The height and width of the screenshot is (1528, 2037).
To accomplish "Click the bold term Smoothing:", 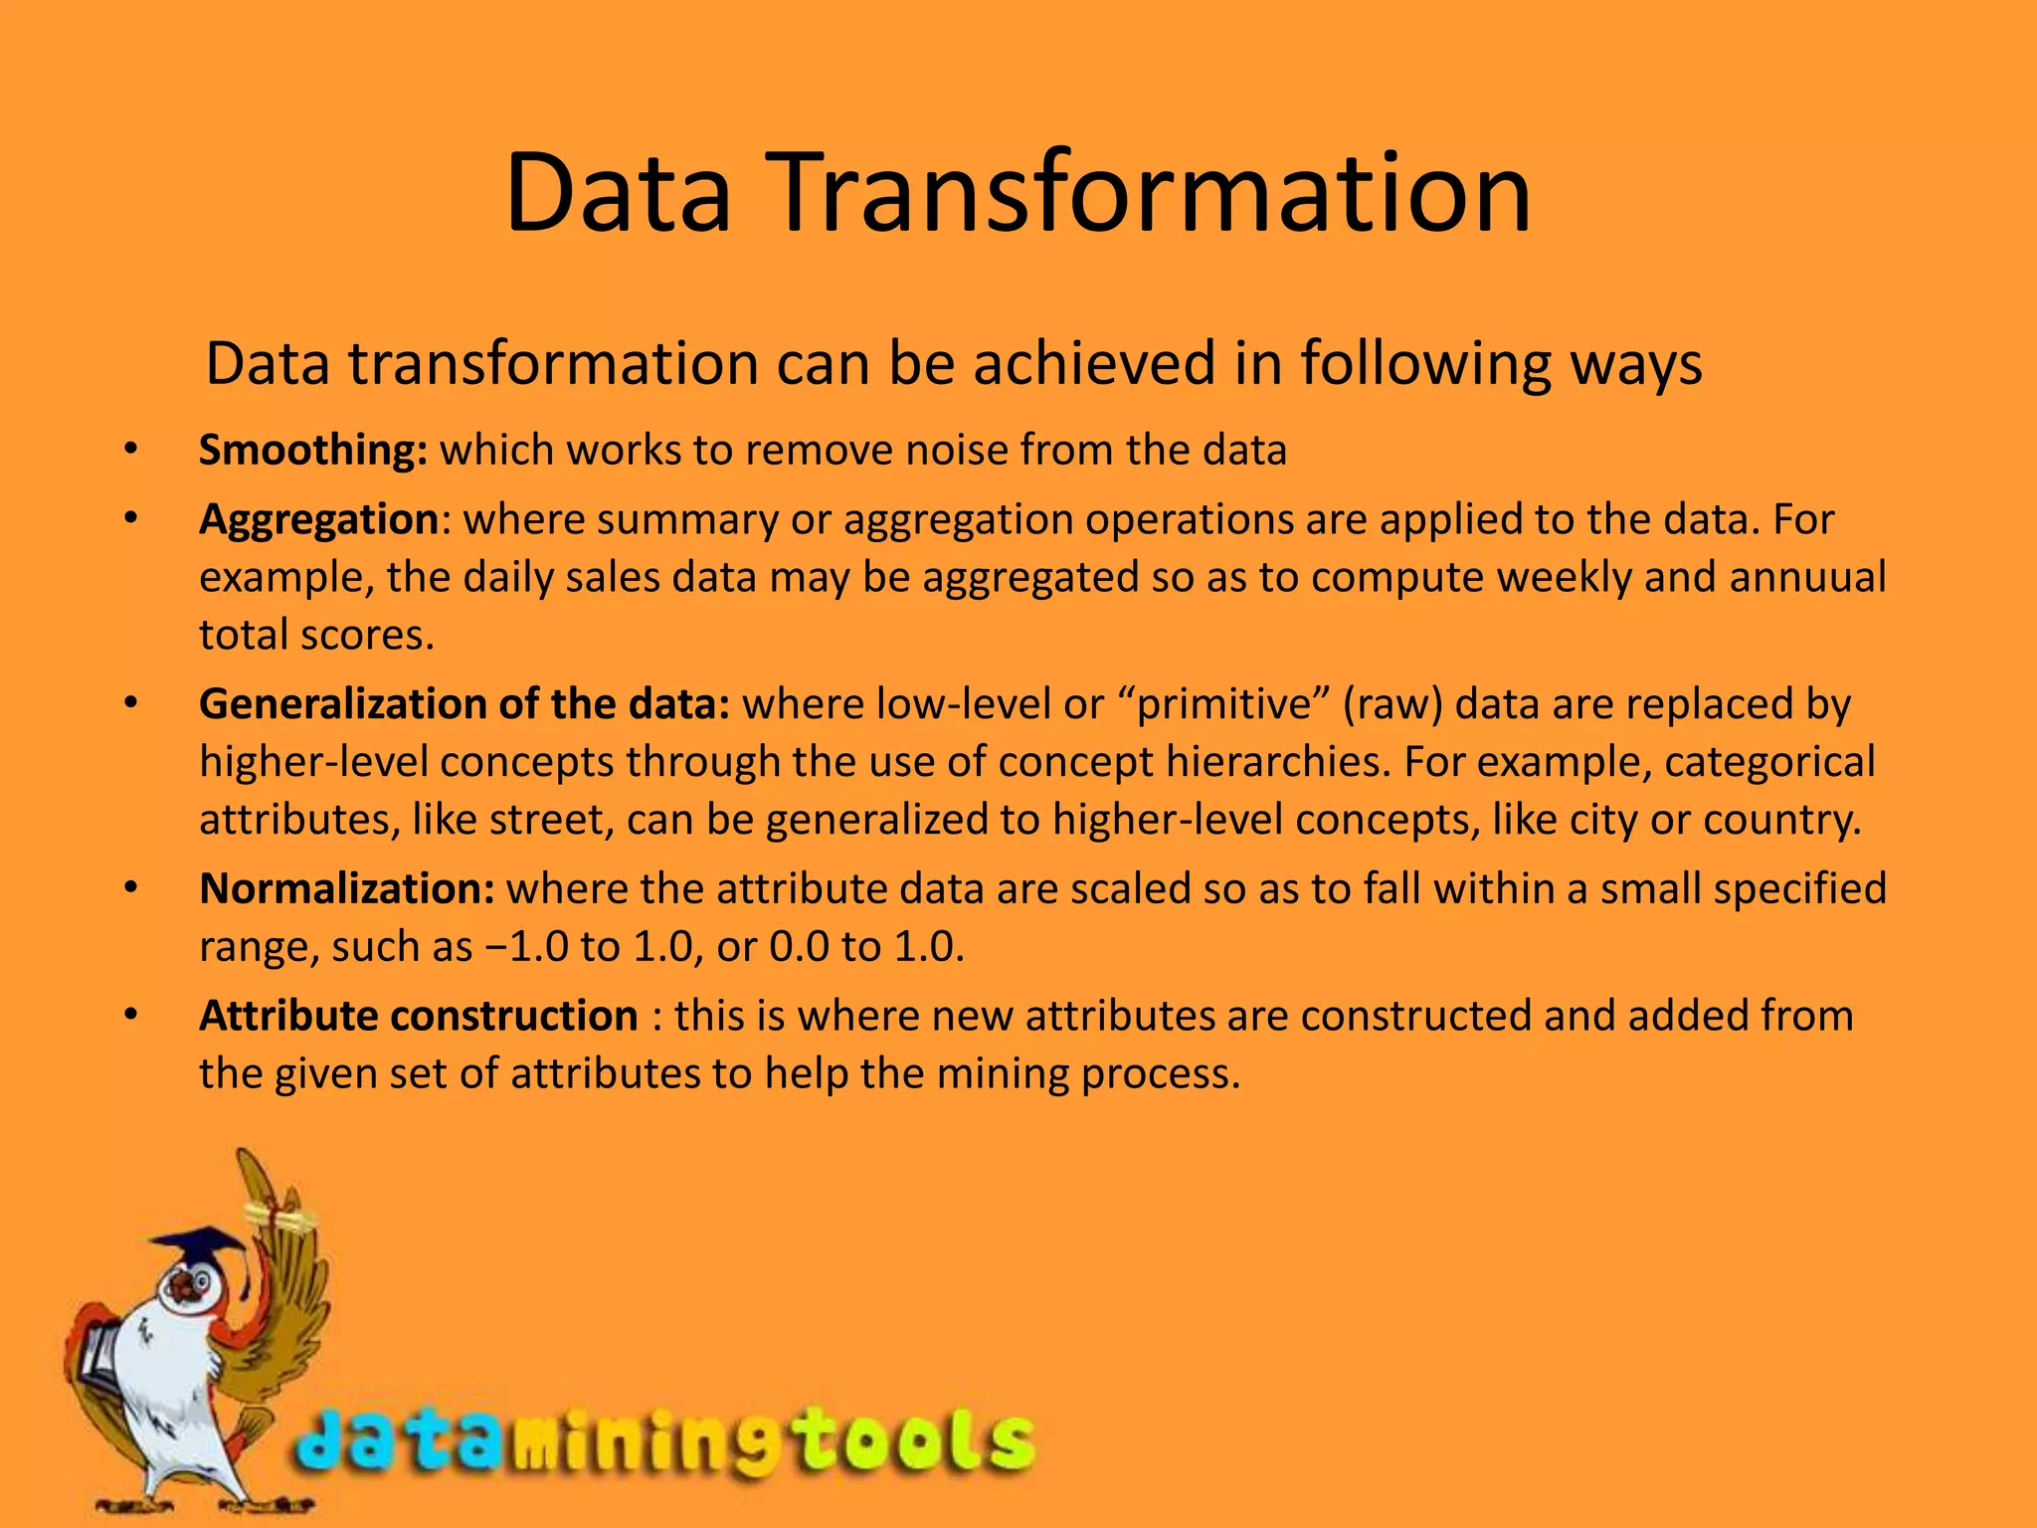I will pos(313,451).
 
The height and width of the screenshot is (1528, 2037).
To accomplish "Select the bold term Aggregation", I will pos(318,520).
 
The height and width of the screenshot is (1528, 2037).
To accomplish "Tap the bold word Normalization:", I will pos(346,888).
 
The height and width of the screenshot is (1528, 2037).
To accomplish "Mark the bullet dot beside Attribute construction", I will pos(129,1016).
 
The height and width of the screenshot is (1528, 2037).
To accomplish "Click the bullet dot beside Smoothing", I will pos(129,451).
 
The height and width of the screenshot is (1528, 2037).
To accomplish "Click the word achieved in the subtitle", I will pos(1094,364).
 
